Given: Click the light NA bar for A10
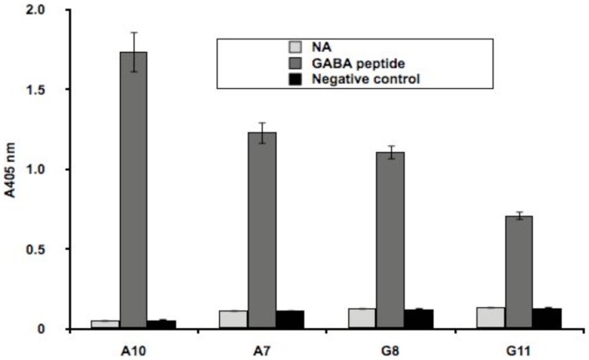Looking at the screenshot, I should (x=106, y=324).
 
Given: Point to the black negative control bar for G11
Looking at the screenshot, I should (x=546, y=319).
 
